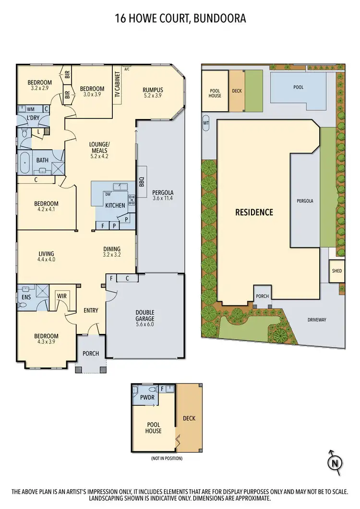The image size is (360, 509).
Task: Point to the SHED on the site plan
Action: [336, 271]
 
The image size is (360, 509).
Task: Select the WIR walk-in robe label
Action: [61, 296]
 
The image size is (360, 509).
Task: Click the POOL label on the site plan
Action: [298, 88]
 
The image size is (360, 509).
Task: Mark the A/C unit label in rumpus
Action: [127, 69]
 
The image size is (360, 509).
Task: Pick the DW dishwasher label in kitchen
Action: [108, 194]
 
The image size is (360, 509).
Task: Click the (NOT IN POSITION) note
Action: [163, 458]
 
